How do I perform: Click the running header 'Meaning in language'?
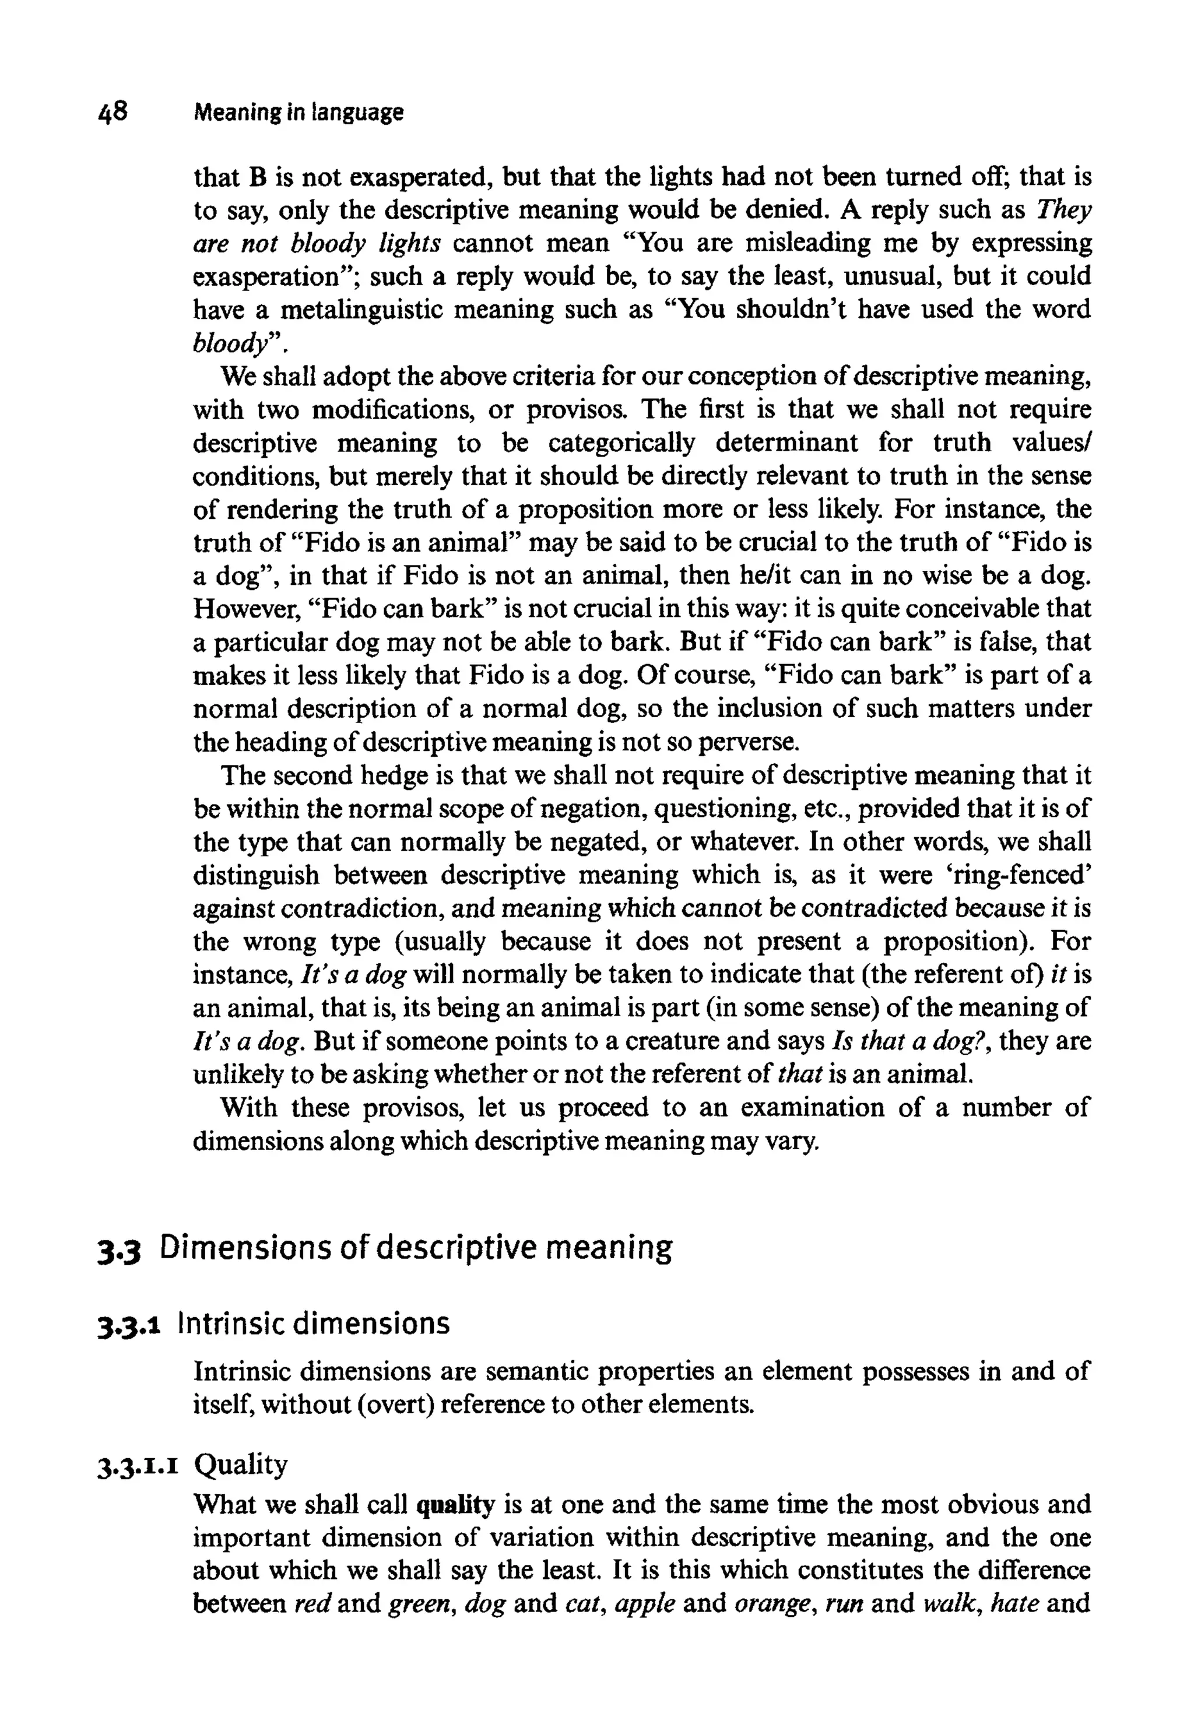pyautogui.click(x=298, y=114)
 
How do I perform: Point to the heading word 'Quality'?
pyautogui.click(x=240, y=1464)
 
